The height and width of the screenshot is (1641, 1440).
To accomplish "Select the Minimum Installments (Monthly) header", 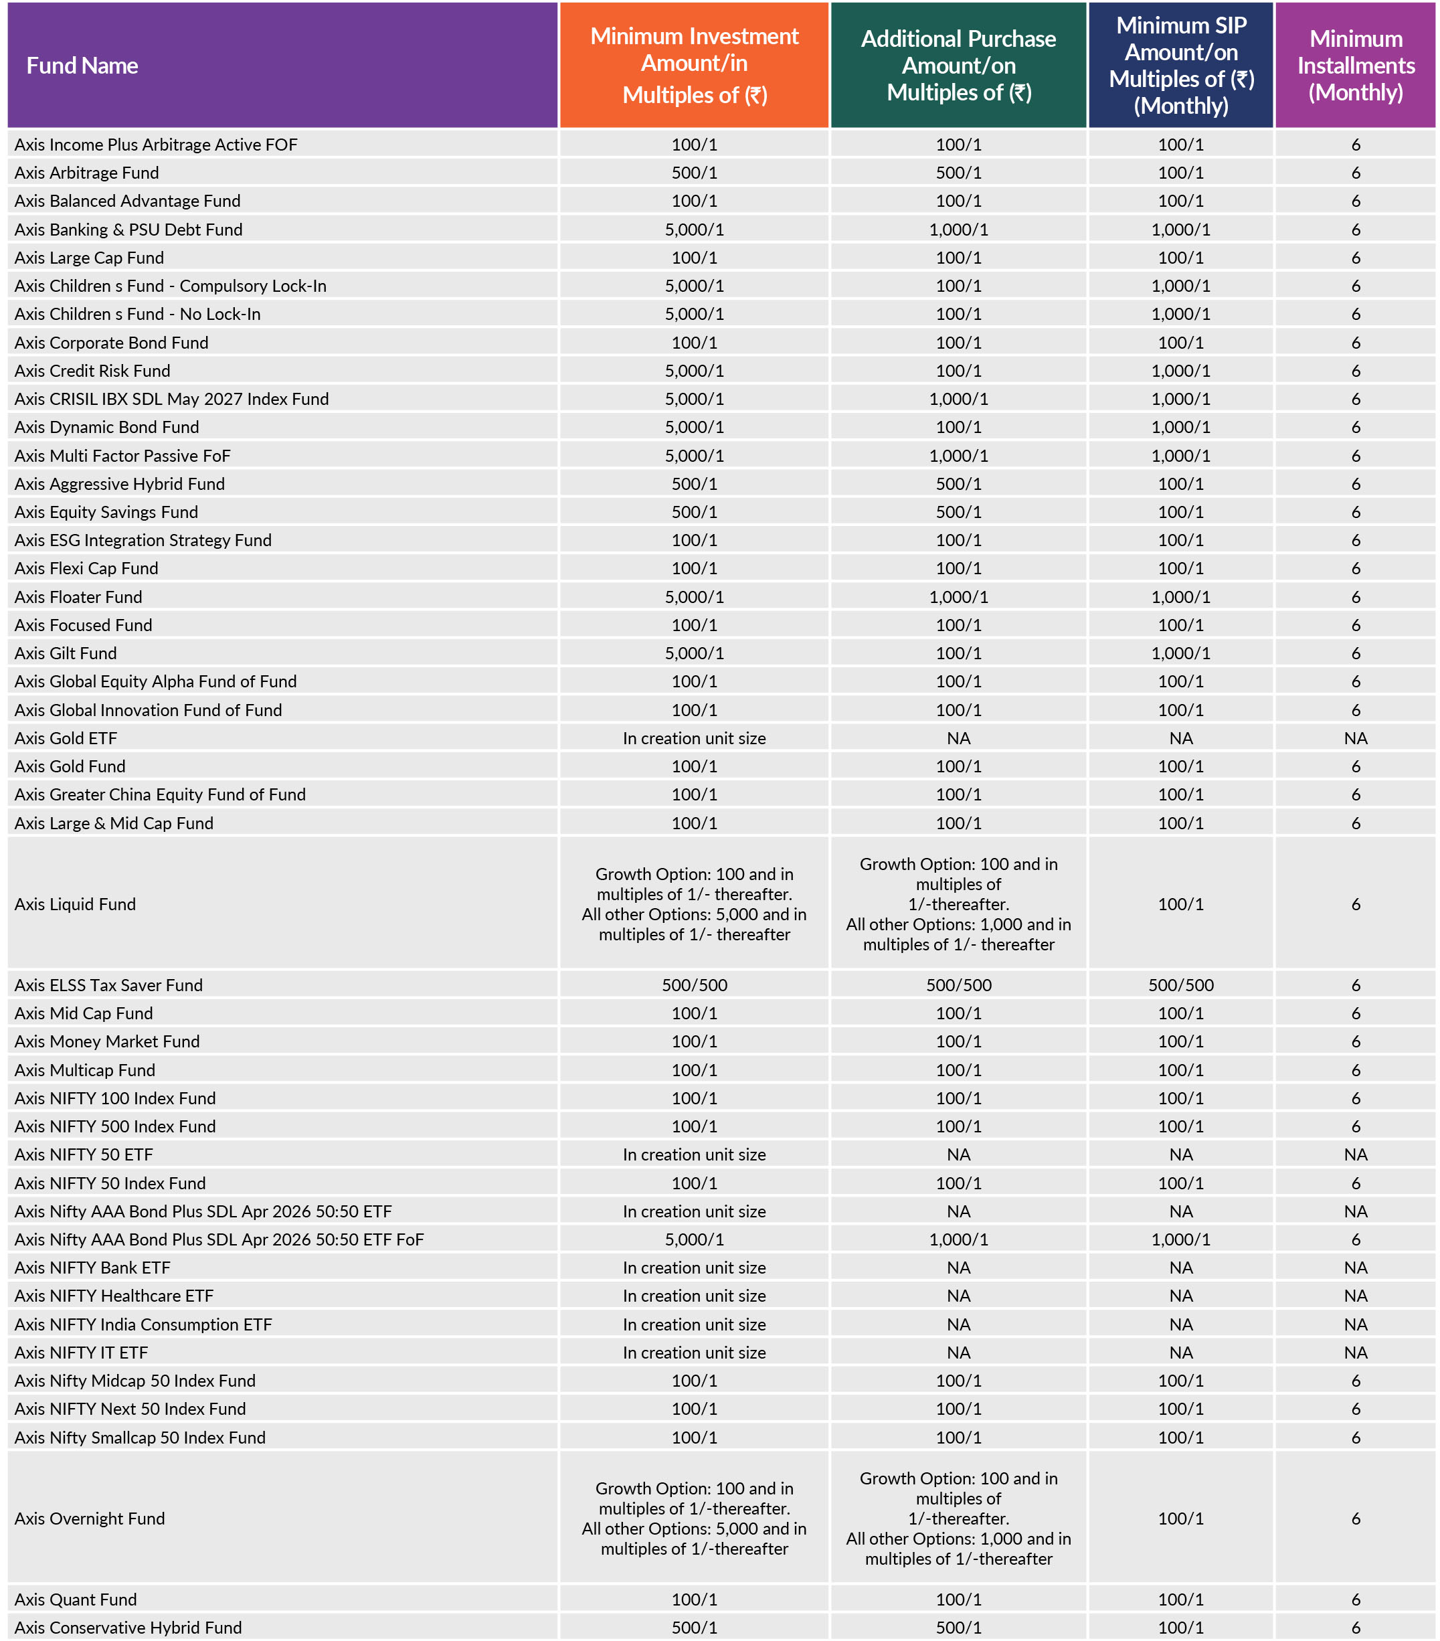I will pyautogui.click(x=1355, y=66).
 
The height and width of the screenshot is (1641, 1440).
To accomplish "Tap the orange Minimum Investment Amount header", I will pyautogui.click(x=695, y=66).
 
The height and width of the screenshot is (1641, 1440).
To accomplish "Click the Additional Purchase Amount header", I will pyautogui.click(x=958, y=66).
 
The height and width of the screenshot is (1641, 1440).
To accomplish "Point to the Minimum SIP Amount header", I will pyautogui.click(x=1181, y=66).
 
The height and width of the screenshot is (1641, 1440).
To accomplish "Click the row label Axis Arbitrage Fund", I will pyautogui.click(x=87, y=173).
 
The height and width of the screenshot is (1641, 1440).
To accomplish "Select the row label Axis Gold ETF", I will pyautogui.click(x=66, y=738).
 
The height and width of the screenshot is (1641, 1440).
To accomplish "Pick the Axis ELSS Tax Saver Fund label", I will pyautogui.click(x=108, y=985).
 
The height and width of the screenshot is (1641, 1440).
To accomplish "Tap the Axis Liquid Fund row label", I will pyautogui.click(x=76, y=904).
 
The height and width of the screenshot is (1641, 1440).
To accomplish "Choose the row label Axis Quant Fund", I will pyautogui.click(x=76, y=1600).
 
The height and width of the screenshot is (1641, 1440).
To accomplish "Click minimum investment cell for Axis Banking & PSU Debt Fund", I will pyautogui.click(x=695, y=230).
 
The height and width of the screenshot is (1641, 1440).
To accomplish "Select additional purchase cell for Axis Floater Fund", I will pyautogui.click(x=958, y=596).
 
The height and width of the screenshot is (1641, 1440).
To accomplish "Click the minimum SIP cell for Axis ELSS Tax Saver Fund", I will pyautogui.click(x=1181, y=985).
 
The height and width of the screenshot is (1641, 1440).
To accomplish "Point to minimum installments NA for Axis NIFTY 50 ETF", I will pyautogui.click(x=1355, y=1154).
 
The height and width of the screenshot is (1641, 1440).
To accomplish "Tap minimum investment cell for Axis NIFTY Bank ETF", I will pyautogui.click(x=695, y=1268).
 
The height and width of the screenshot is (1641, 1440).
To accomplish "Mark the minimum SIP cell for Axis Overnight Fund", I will pyautogui.click(x=1181, y=1518).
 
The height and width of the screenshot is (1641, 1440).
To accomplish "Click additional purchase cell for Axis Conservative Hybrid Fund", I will pyautogui.click(x=958, y=1628).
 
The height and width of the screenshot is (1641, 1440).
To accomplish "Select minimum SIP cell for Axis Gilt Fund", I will pyautogui.click(x=1181, y=653).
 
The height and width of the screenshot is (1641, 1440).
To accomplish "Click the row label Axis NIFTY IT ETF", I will pyautogui.click(x=81, y=1352).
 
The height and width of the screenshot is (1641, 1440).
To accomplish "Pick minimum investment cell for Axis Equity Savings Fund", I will pyautogui.click(x=695, y=512).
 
